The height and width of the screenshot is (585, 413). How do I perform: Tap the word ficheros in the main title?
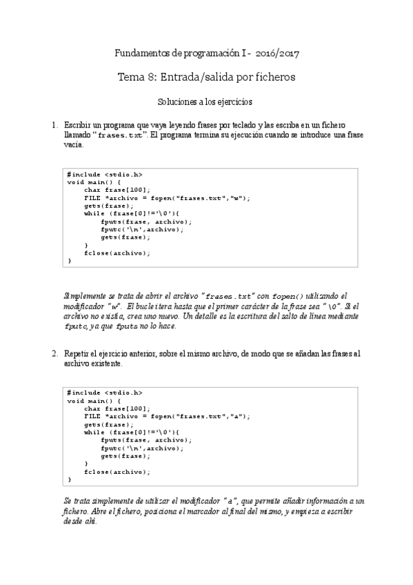click(272, 77)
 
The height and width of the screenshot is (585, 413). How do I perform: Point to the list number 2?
click(54, 353)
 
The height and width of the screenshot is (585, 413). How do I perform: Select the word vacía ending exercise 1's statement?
click(74, 146)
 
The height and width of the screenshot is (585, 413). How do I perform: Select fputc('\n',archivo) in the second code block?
click(141, 448)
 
